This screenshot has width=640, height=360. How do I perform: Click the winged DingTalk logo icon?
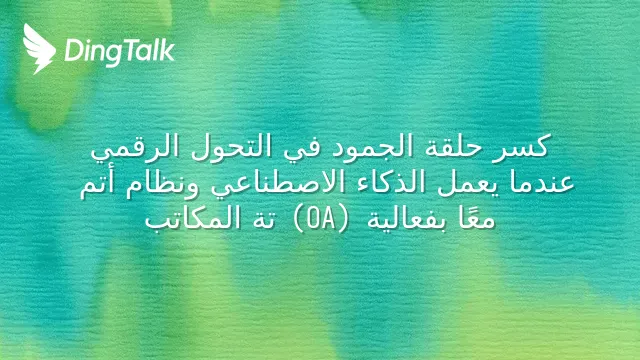pos(39,49)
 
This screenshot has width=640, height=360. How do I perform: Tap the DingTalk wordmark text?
pos(120,52)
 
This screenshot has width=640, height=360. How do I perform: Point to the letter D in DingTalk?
pos(73,51)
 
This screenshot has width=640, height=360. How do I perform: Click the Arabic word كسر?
pos(521,147)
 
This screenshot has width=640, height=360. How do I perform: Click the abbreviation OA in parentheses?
pos(321,219)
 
